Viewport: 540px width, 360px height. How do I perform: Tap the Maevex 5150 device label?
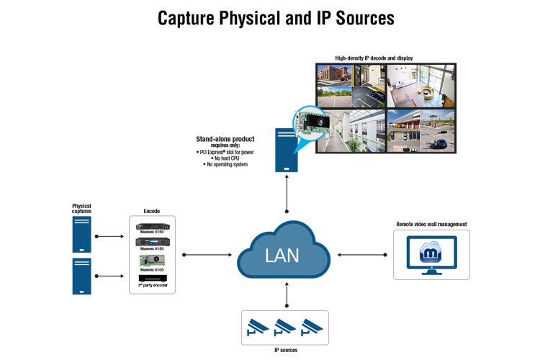click(151, 232)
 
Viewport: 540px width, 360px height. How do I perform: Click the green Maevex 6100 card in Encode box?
click(151, 260)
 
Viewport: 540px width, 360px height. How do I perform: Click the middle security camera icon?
click(287, 327)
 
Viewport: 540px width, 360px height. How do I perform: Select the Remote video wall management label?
click(431, 224)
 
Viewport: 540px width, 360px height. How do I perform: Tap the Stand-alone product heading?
click(225, 138)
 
